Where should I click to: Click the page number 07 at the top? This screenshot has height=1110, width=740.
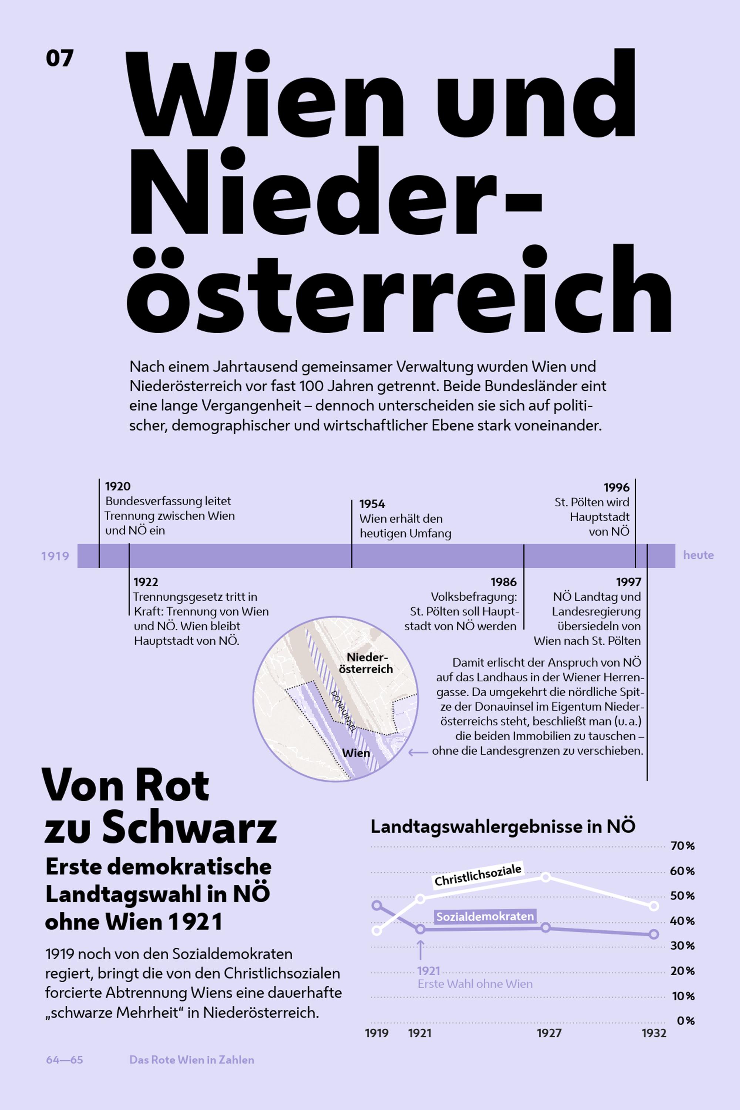click(60, 58)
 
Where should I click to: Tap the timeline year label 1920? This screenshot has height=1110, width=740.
click(118, 486)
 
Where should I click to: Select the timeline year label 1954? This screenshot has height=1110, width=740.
click(372, 504)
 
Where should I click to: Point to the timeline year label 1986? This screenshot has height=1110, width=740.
click(504, 582)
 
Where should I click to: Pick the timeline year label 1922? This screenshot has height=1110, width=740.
click(145, 582)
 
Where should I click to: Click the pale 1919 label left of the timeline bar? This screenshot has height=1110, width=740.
click(55, 556)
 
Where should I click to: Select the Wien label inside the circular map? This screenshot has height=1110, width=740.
click(356, 753)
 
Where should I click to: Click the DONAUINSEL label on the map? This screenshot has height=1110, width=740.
click(343, 711)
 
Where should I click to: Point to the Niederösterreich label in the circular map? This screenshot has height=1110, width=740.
click(366, 663)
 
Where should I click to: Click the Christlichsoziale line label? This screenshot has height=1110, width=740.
click(478, 875)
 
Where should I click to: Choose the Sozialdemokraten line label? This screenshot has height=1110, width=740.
click(485, 916)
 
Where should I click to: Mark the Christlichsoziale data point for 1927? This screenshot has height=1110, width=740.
click(545, 877)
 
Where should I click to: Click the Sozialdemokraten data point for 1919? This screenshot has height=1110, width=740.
click(377, 905)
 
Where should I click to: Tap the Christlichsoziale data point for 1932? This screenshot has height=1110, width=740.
click(654, 906)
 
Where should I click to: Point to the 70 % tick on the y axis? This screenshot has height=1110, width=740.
click(682, 846)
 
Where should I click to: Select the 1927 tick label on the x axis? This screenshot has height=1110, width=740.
click(549, 1033)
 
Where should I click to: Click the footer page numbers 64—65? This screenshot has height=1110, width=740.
click(65, 1060)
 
